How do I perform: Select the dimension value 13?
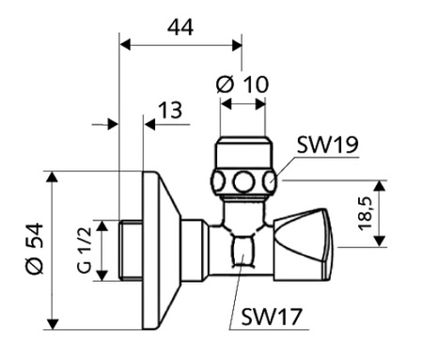pos(169,111)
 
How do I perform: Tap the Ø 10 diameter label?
pos(243,84)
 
